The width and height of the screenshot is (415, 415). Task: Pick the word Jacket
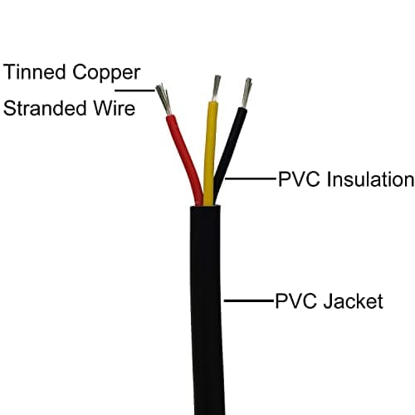click(355, 300)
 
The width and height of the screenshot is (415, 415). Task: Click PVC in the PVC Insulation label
click(295, 179)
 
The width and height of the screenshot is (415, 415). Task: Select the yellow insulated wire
click(210, 149)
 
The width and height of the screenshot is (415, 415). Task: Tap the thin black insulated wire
click(232, 145)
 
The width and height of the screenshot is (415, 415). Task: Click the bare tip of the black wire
click(247, 92)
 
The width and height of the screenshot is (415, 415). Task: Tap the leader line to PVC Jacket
click(249, 300)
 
